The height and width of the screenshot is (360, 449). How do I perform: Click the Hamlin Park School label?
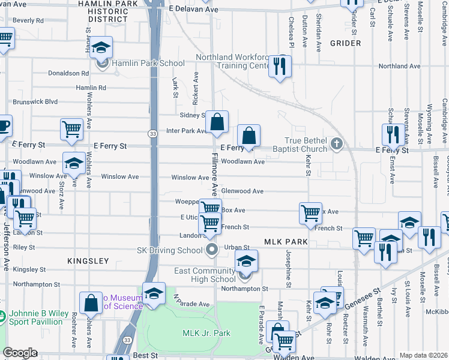click(147, 63)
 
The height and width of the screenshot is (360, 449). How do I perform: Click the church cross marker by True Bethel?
click(336, 143)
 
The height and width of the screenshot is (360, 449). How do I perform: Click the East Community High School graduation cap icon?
click(245, 262)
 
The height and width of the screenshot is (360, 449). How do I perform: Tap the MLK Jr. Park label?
click(206, 333)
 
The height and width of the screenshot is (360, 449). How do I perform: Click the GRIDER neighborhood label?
click(345, 43)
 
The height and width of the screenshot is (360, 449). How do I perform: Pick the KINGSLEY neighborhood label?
click(88, 261)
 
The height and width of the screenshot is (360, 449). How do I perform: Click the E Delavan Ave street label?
click(193, 10)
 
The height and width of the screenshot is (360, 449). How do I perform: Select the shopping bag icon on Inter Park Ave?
click(217, 122)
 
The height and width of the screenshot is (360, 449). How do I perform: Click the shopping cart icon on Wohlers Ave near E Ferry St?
click(71, 128)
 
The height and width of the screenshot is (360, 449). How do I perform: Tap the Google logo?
click(20, 353)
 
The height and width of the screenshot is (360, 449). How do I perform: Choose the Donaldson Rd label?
click(68, 73)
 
